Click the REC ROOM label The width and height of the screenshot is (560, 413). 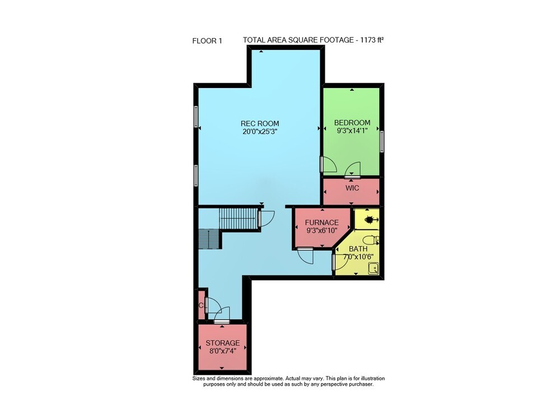click(x=260, y=124)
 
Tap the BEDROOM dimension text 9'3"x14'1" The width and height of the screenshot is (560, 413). click(x=352, y=131)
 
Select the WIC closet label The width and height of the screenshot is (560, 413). click(x=352, y=188)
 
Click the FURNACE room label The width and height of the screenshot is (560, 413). click(x=322, y=222)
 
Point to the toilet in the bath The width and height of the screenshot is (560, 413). click(x=371, y=239)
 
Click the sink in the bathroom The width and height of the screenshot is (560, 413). click(x=374, y=268)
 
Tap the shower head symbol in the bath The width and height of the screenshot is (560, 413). click(x=371, y=219)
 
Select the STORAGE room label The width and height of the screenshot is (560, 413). click(x=222, y=343)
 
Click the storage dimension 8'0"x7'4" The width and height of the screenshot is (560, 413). click(x=222, y=351)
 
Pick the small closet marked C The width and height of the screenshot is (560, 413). click(x=202, y=305)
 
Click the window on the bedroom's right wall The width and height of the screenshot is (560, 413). click(x=382, y=141)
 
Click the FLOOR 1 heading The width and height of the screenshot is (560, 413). click(x=207, y=41)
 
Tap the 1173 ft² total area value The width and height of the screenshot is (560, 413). click(x=372, y=40)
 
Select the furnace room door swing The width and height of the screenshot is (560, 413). click(x=306, y=255)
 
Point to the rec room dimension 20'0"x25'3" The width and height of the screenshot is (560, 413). click(x=260, y=132)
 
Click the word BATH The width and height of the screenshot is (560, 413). click(x=358, y=249)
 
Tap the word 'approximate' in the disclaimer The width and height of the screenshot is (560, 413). click(x=270, y=378)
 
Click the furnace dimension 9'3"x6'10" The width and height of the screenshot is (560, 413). click(x=322, y=230)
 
